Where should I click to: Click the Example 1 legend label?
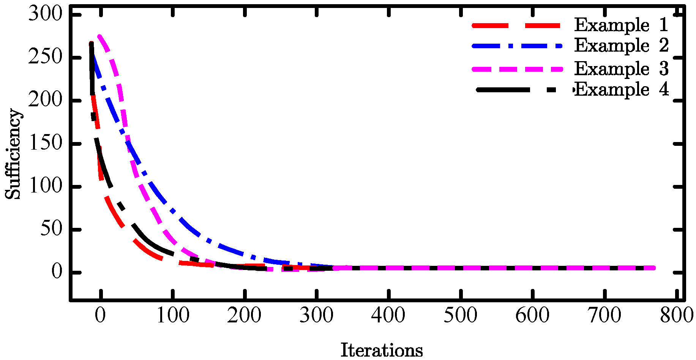(x=621, y=25)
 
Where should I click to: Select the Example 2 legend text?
(x=621, y=46)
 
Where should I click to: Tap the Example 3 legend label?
(x=621, y=69)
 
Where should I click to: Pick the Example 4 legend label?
(x=621, y=90)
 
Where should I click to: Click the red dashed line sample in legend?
(x=516, y=25)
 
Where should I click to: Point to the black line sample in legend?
(x=516, y=90)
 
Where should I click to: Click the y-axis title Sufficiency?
(x=13, y=154)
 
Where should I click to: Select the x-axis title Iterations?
(x=382, y=350)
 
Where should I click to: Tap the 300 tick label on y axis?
(x=45, y=14)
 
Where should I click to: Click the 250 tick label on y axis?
(x=45, y=57)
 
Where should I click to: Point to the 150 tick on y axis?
(x=45, y=144)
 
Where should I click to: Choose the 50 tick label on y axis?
(x=51, y=229)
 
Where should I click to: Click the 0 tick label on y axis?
(x=57, y=272)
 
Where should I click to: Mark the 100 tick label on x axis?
(x=173, y=315)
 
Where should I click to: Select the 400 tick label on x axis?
(x=388, y=315)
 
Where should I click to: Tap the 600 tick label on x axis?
(x=532, y=315)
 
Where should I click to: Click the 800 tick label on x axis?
(x=677, y=315)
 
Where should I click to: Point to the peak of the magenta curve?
(x=99, y=36)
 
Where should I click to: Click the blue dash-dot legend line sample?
(x=516, y=46)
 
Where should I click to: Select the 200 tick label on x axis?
(x=245, y=315)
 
